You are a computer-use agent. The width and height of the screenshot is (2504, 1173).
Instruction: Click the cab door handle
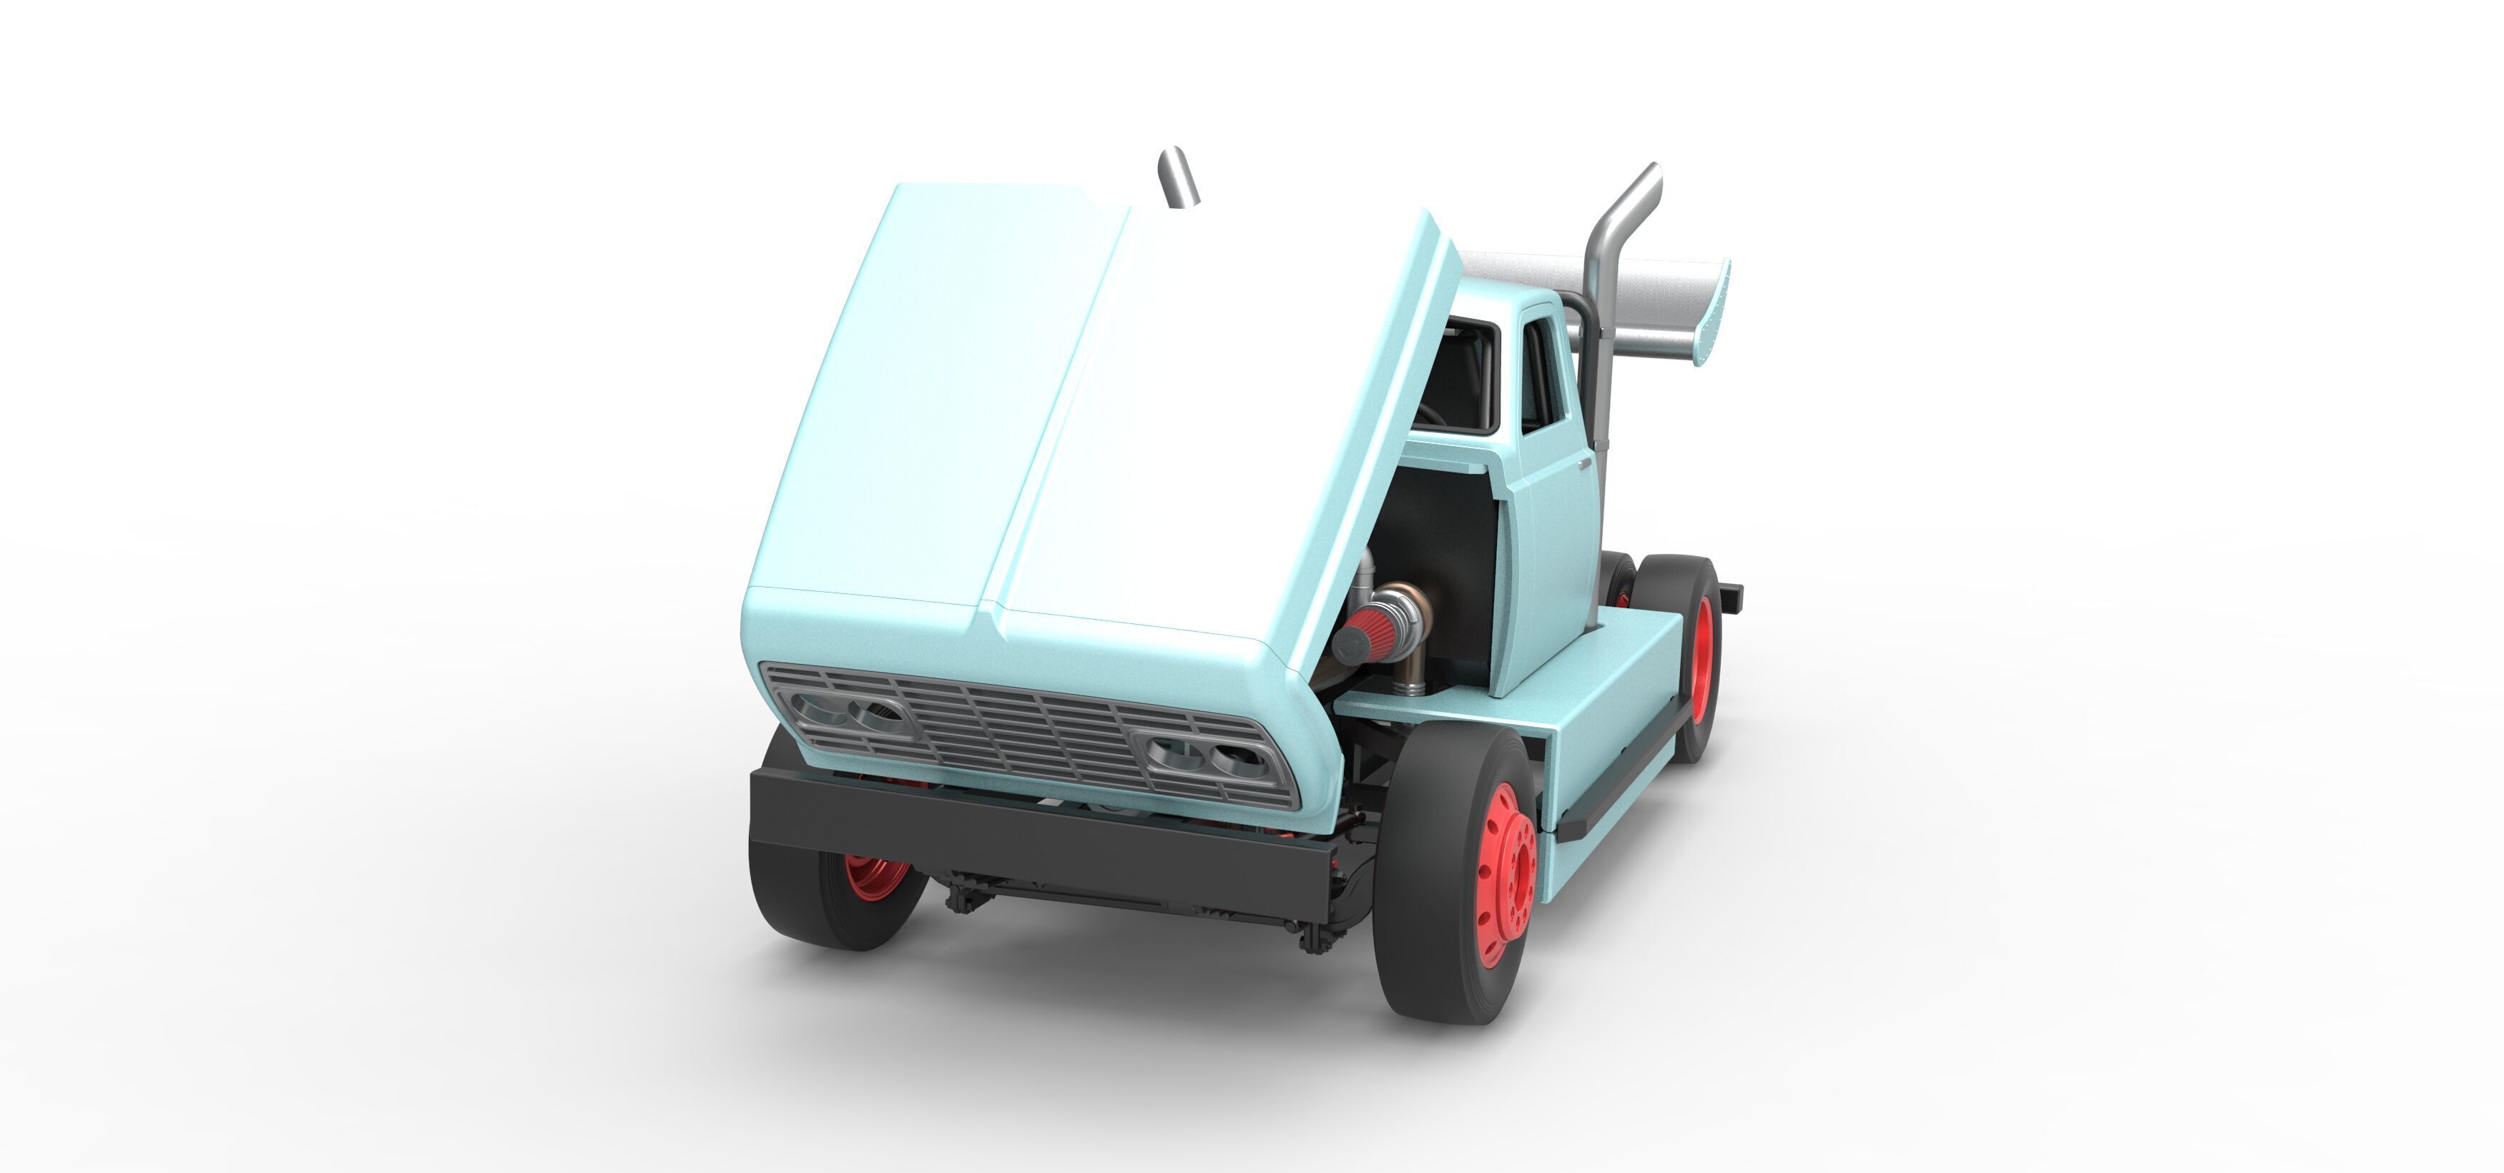point(1584,464)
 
